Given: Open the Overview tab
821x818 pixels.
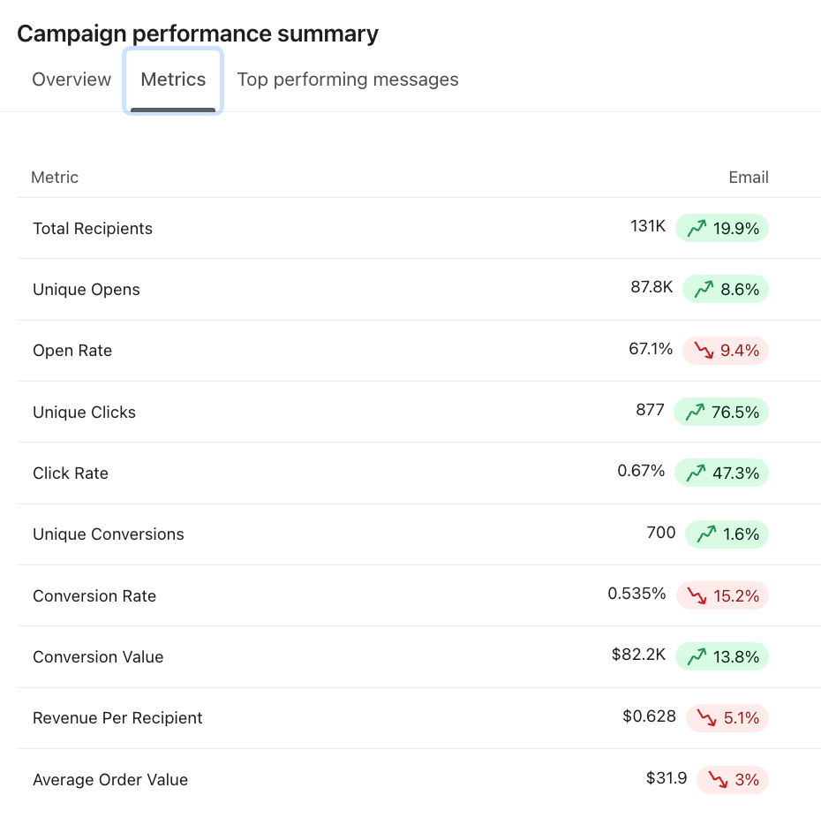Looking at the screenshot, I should (72, 80).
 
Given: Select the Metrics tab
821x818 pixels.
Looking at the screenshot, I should (173, 80).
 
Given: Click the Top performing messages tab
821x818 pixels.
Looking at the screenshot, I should (348, 80).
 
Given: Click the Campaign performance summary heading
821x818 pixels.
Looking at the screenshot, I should (198, 34).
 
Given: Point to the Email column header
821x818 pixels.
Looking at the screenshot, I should (748, 178).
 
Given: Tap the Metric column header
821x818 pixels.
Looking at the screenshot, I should (55, 178).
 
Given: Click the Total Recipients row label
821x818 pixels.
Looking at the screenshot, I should (93, 229).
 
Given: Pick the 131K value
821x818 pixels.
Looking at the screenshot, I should (648, 226).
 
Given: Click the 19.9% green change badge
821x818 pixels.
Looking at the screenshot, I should (722, 229).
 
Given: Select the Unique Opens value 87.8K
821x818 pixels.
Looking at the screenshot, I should (652, 287).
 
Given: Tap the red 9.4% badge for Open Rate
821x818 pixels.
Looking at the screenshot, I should (726, 351).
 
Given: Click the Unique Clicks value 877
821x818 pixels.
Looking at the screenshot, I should (650, 410).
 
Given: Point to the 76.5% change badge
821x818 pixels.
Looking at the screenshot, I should (721, 412).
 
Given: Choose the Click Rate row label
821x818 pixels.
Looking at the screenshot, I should (71, 473).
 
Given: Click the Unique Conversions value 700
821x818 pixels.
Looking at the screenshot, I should (661, 533).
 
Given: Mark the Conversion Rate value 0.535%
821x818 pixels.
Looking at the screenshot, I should (636, 594).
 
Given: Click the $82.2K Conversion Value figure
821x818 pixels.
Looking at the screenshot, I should (638, 655).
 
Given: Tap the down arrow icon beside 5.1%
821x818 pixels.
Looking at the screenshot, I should (706, 718).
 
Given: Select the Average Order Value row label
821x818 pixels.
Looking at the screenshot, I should (110, 780).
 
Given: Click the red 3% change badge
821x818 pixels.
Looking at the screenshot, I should (733, 780).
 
